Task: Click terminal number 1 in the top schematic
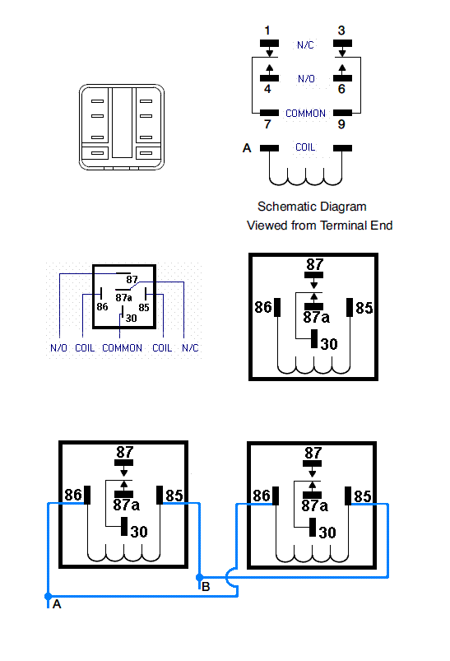(x=267, y=30)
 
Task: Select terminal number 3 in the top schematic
(x=341, y=30)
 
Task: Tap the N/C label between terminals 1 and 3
(x=305, y=45)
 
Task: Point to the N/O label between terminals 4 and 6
(x=306, y=79)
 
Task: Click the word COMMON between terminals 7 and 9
(x=305, y=114)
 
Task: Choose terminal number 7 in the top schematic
(x=267, y=124)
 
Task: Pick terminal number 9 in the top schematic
(x=341, y=124)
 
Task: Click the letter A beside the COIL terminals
(x=247, y=148)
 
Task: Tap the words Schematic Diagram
(x=312, y=207)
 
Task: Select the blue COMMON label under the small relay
(x=123, y=347)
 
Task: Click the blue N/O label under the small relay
(x=58, y=347)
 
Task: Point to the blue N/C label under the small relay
(x=190, y=347)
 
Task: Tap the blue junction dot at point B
(x=200, y=577)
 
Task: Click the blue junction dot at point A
(x=49, y=596)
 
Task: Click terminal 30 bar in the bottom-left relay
(x=124, y=527)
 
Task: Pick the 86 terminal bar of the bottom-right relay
(x=276, y=496)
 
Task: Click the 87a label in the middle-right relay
(x=317, y=318)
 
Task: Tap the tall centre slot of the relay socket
(x=123, y=123)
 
